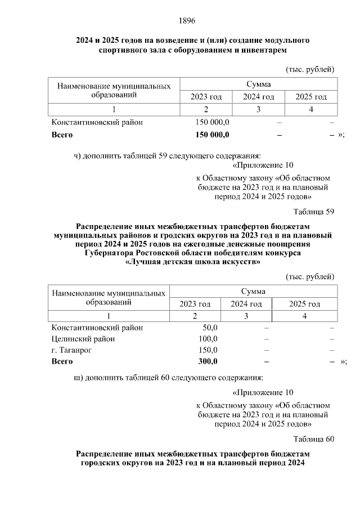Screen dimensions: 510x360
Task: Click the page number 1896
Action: [187, 21]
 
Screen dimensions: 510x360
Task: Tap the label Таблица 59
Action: [314, 212]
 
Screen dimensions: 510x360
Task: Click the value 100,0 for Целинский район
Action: [208, 339]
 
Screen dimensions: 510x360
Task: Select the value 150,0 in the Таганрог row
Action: [208, 350]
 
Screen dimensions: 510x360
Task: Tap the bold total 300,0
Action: [208, 361]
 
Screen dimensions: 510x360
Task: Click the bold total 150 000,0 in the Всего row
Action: [211, 135]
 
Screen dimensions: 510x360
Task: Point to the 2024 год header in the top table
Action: [258, 97]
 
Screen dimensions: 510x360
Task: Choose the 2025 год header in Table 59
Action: [304, 304]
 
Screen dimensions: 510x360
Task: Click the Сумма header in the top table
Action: [258, 84]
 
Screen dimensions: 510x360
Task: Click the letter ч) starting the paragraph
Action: [79, 156]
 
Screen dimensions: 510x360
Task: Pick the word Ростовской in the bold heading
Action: [151, 253]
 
